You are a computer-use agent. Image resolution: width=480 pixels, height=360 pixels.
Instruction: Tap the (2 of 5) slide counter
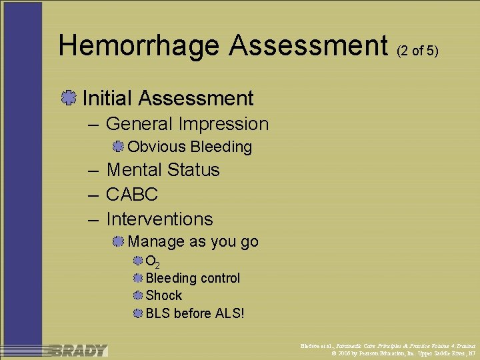(417, 51)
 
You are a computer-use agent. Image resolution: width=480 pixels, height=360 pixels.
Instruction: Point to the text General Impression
(187, 124)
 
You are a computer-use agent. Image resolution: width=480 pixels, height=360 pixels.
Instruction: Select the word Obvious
(157, 147)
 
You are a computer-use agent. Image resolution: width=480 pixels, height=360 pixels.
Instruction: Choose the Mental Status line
(163, 170)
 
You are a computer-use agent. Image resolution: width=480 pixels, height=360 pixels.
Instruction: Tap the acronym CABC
(132, 195)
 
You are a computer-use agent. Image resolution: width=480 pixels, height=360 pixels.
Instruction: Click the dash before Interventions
(93, 219)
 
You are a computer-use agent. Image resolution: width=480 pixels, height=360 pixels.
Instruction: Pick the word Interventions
(159, 219)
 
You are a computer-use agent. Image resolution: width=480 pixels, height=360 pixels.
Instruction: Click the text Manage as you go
(193, 241)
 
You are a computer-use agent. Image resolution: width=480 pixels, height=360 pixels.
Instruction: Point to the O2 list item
(152, 261)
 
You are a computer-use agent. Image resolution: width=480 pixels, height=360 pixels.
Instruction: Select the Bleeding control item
(193, 278)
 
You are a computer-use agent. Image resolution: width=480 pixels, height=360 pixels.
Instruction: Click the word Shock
(163, 295)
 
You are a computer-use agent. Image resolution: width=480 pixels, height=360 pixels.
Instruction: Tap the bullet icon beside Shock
(137, 295)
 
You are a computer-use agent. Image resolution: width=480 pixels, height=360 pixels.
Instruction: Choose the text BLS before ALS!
(195, 313)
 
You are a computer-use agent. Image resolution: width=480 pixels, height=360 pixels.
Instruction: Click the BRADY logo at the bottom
(77, 350)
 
